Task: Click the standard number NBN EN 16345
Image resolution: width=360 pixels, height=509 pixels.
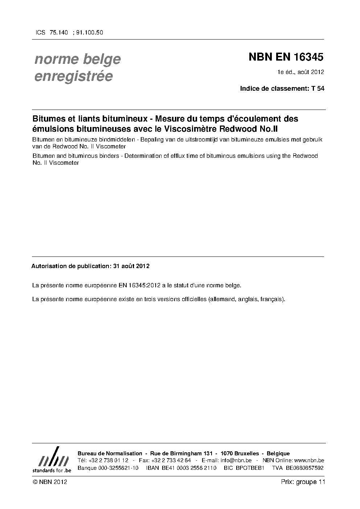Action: pos(286,57)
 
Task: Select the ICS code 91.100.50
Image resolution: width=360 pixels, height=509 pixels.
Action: pos(90,32)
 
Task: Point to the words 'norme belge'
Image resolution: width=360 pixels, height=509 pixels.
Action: pos(77,59)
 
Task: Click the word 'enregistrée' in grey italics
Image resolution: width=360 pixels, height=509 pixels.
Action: pos(73,76)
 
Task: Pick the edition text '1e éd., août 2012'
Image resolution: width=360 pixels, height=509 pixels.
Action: pos(300,72)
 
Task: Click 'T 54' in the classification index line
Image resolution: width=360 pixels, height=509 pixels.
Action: pos(318,89)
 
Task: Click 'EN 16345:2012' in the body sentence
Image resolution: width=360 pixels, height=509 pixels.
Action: pos(139,286)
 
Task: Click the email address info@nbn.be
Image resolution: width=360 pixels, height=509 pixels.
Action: pos(236,460)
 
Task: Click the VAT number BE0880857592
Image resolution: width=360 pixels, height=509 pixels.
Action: pos(304,468)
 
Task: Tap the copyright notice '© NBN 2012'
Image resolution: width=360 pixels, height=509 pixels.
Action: pos(50,482)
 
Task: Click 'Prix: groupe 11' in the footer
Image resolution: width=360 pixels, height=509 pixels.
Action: pos(303,482)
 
